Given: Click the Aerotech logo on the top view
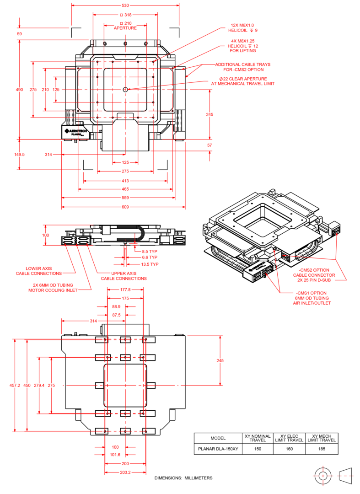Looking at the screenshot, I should coord(76,132).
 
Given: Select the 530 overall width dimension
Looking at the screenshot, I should coord(125,5).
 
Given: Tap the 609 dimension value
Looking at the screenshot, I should coord(125,207).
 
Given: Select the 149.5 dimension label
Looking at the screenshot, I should coord(19,155).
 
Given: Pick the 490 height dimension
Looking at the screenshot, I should coord(19,90).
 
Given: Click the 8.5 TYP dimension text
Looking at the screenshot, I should coord(150,251).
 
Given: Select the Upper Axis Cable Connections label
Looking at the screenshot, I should coord(124,276).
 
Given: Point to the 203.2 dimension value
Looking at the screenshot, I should coord(125,472).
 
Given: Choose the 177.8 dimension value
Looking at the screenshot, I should coord(125,290).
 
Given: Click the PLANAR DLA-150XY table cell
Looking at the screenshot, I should coord(218,449).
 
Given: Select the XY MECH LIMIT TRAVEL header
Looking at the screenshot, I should coord(322,438).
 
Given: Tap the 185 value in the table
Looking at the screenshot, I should coord(322,449).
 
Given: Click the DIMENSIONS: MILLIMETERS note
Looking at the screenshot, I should coord(183,478).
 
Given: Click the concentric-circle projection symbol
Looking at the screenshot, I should coord(323,476).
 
